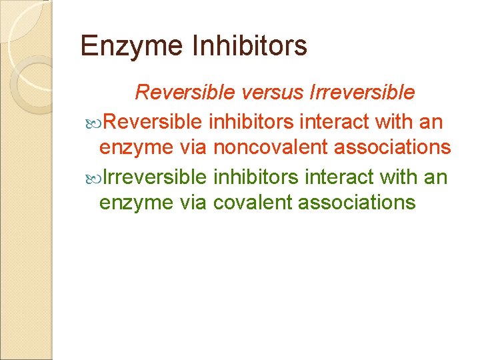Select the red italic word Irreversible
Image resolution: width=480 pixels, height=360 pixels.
[363, 92]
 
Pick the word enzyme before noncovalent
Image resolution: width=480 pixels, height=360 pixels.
[135, 147]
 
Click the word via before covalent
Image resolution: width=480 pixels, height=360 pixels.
[193, 202]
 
